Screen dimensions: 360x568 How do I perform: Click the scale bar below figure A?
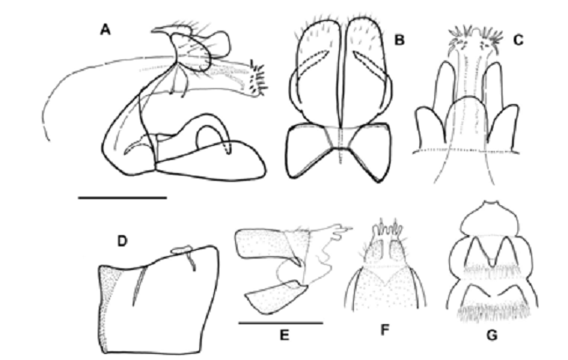coord(122,197)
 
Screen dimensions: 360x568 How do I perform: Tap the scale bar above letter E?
coord(280,322)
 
